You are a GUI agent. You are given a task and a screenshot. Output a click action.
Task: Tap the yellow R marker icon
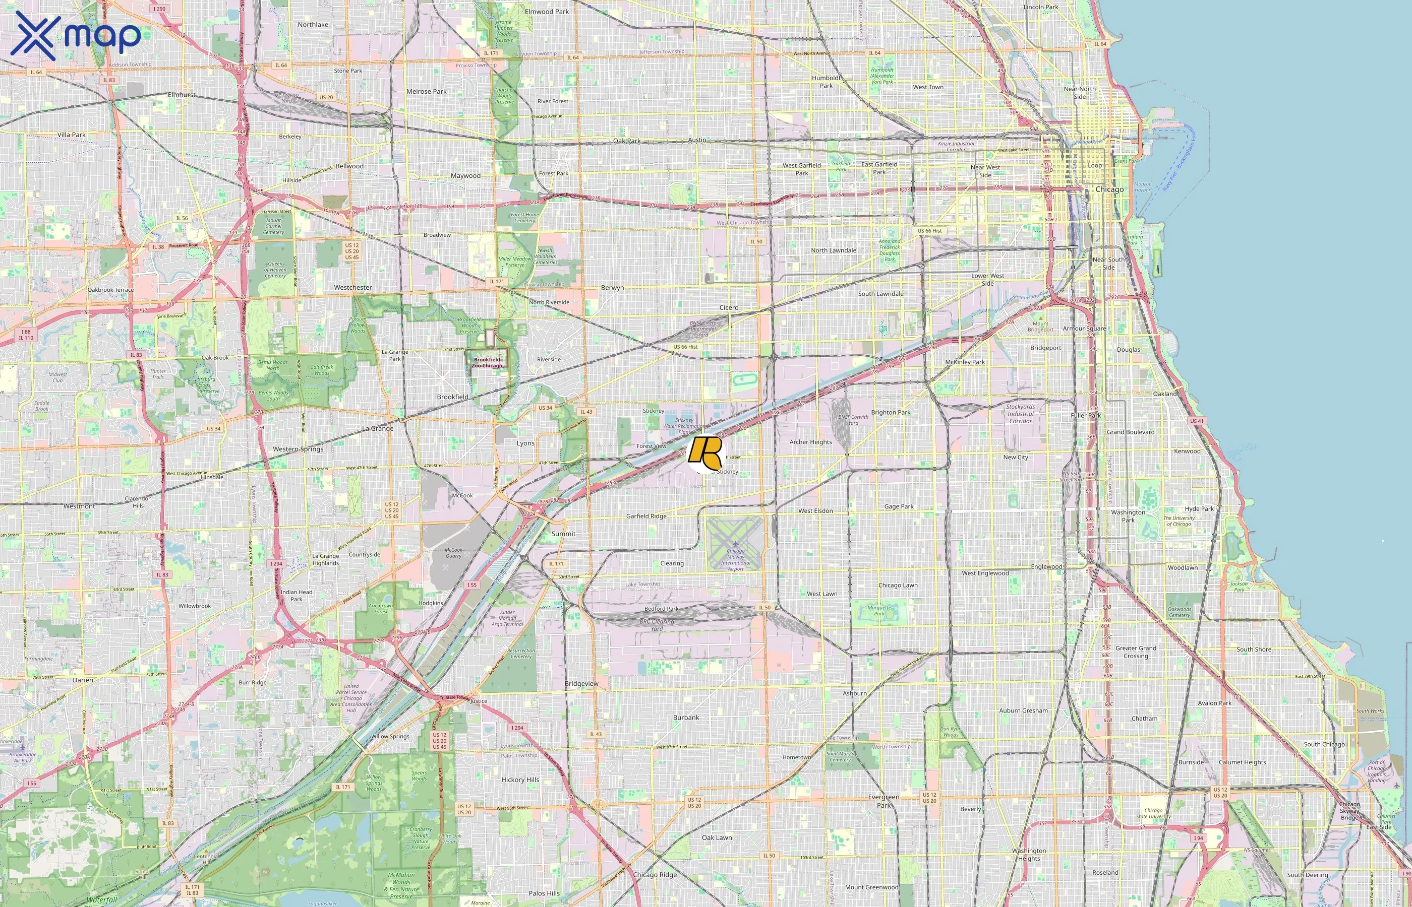(705, 452)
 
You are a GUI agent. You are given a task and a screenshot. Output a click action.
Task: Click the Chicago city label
(1109, 189)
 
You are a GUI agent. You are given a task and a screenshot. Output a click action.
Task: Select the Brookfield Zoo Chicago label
(487, 362)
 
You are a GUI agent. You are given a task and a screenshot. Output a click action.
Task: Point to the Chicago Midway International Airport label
(735, 559)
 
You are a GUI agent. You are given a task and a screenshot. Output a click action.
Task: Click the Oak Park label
(626, 141)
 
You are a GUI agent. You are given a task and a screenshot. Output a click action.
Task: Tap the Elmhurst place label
(182, 95)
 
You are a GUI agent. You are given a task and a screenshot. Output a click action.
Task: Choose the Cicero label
(729, 307)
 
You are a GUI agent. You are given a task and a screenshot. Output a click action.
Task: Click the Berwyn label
(612, 287)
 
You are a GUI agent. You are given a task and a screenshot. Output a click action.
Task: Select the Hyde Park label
(1199, 509)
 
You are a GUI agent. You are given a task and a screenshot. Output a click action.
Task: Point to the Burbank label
(686, 718)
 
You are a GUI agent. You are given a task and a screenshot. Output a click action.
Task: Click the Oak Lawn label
(717, 837)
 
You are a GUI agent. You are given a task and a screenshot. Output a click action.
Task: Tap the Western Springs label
(298, 449)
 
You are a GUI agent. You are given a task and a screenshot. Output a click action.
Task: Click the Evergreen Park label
(884, 801)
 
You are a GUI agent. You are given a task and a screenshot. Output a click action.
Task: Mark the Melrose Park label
(426, 91)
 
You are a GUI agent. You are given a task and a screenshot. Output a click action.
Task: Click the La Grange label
(378, 428)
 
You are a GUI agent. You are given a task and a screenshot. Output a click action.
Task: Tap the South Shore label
(1254, 649)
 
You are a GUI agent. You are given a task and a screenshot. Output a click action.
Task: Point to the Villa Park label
(71, 134)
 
